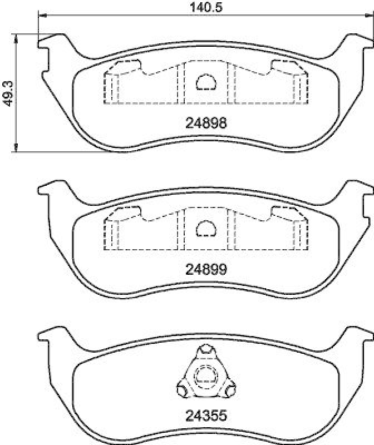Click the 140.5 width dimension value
(x=205, y=7)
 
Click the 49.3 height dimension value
(x=8, y=93)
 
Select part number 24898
(x=206, y=123)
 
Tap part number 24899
(x=206, y=269)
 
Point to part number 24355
(x=206, y=416)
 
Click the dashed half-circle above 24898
(x=206, y=82)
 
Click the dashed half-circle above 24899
(x=206, y=229)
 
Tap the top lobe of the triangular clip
(x=206, y=350)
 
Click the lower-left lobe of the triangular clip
(x=183, y=390)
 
